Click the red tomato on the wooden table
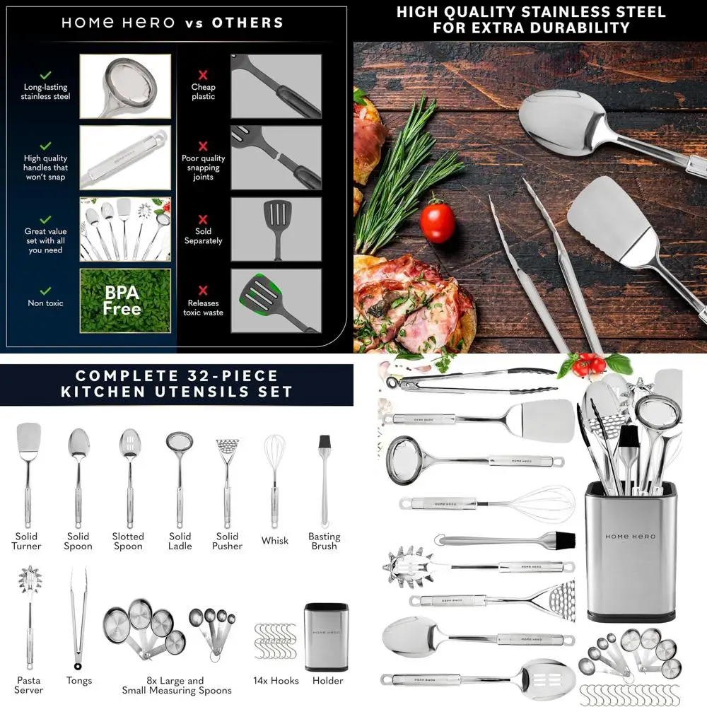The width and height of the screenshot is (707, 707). [437, 222]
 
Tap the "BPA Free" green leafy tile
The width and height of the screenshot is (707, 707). [125, 300]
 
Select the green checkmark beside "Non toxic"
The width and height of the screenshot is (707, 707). [45, 291]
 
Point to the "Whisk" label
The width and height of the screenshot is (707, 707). [275, 541]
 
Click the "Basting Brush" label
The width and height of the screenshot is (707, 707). [324, 542]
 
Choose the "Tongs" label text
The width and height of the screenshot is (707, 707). [79, 681]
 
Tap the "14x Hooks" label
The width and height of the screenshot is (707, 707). [276, 681]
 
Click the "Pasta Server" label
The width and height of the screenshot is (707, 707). [29, 685]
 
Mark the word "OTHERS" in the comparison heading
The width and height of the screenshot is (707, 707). [248, 22]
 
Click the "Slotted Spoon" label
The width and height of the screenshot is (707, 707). [128, 542]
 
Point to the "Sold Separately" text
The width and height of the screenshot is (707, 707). [203, 236]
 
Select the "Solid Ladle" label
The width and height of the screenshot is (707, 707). [180, 542]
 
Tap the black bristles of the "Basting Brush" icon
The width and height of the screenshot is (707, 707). [325, 443]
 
